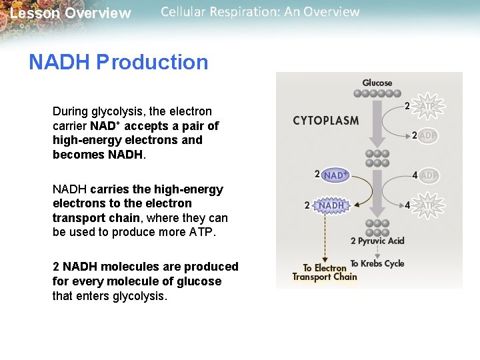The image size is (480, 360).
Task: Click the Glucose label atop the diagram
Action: [x=377, y=83]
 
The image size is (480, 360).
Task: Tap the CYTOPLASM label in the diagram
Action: [x=325, y=121]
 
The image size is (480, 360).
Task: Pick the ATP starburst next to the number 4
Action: [x=428, y=205]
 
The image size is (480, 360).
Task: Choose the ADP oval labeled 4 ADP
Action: [x=429, y=175]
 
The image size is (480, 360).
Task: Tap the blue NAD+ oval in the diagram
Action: [x=335, y=175]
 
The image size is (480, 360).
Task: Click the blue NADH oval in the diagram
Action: [x=331, y=205]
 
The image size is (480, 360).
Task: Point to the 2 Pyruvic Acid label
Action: [x=377, y=241]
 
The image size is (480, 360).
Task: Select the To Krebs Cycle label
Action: [x=377, y=263]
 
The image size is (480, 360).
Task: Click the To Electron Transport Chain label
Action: [x=325, y=273]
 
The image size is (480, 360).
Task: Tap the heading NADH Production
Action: [x=119, y=62]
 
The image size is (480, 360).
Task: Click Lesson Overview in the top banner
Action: [x=71, y=13]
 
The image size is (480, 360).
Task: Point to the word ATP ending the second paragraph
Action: [x=203, y=233]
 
